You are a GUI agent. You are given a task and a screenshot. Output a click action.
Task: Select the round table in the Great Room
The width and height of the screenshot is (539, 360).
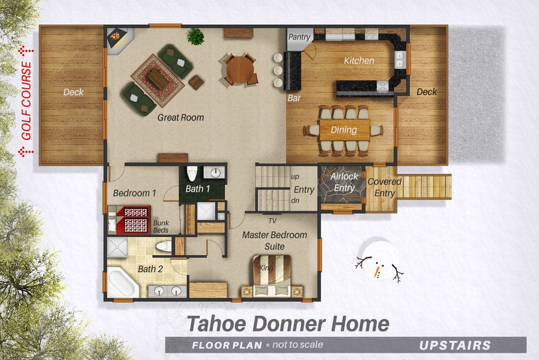(240, 70)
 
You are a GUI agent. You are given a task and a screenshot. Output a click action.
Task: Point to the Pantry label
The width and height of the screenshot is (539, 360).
(299, 37)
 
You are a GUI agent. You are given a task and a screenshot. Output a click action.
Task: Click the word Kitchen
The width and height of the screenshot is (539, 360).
(359, 61)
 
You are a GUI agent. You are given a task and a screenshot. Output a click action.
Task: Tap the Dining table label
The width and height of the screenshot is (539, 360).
(344, 130)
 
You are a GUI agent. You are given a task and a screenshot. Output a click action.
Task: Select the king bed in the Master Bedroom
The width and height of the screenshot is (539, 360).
(272, 275)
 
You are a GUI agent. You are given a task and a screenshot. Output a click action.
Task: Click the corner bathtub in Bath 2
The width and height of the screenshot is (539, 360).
(122, 283)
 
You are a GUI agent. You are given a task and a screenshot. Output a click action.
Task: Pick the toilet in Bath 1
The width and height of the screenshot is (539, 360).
(191, 172)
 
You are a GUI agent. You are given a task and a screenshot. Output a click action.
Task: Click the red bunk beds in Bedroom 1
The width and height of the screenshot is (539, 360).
(133, 219)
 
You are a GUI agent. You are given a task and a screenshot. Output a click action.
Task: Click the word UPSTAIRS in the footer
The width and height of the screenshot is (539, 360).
(454, 345)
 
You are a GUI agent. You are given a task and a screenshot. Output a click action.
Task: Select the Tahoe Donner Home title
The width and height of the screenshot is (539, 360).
(287, 323)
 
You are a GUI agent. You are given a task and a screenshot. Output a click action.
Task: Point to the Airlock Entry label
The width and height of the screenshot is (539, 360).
(344, 182)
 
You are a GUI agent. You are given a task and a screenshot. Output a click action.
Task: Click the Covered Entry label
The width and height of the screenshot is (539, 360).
(384, 188)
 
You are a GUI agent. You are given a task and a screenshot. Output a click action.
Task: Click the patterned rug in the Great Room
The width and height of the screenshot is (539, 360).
(158, 80)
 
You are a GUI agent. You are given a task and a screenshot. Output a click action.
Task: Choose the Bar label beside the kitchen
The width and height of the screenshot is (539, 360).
(294, 98)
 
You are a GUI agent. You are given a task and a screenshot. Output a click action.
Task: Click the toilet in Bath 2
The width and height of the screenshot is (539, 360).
(163, 245)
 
